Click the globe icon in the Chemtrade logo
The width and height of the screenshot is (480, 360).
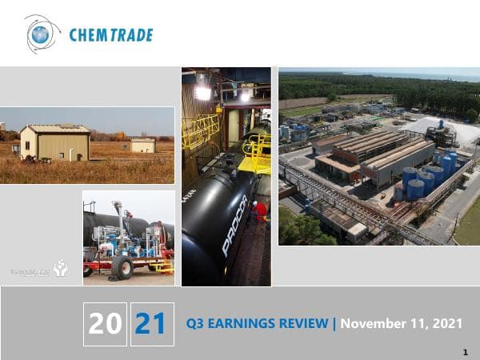click(x=41, y=34)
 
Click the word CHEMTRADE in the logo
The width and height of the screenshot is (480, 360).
click(x=110, y=35)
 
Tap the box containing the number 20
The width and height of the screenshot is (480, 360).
click(x=105, y=324)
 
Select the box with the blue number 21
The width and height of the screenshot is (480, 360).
click(x=151, y=324)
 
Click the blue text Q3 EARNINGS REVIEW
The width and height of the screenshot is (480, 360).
click(x=257, y=324)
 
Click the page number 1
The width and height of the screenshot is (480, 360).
click(x=465, y=351)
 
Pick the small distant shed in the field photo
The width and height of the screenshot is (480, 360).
click(x=143, y=145)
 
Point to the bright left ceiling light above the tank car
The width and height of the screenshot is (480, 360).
click(x=203, y=92)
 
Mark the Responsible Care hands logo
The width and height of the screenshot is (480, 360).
click(x=61, y=268)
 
